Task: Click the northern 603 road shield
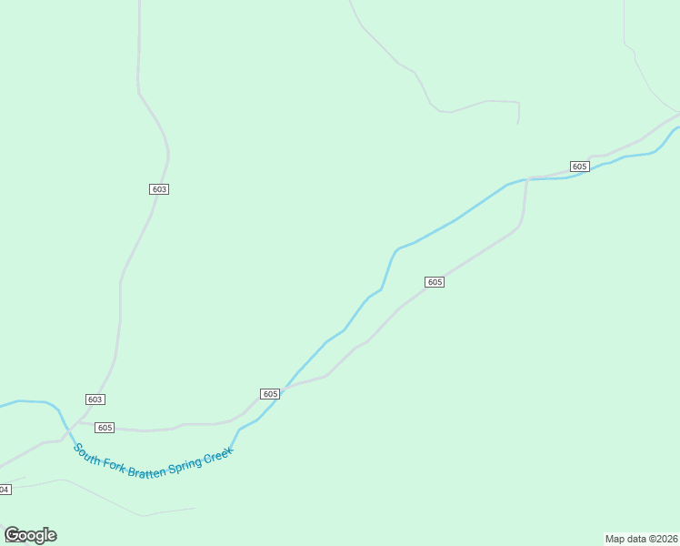pos(159,189)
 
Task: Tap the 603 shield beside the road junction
pos(95,399)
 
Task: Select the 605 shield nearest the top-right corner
pos(580,167)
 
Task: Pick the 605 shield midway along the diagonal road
pos(435,282)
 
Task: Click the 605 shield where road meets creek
pos(269,394)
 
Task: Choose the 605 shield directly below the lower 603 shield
pos(105,428)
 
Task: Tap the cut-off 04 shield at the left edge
pos(5,490)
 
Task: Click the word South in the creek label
pos(88,452)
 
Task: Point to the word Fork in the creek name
pos(115,464)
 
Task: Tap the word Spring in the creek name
pos(185,467)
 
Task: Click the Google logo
pos(30,535)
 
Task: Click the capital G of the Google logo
pos(12,535)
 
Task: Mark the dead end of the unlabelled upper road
pos(518,123)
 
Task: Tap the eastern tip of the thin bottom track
pos(195,508)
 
